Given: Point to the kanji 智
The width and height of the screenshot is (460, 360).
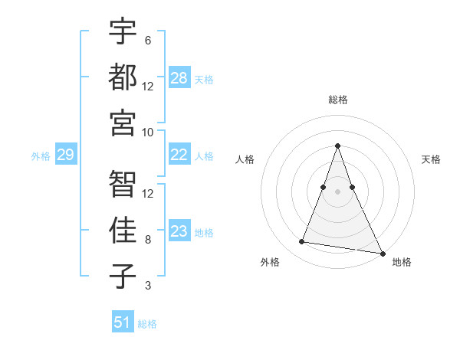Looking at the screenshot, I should tap(123, 185).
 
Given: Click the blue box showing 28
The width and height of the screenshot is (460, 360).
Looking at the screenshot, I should tap(179, 77).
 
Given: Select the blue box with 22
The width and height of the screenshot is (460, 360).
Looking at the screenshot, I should tap(179, 155).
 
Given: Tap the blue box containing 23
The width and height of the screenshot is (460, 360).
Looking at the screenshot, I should tap(179, 231).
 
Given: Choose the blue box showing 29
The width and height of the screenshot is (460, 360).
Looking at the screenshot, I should tap(65, 155).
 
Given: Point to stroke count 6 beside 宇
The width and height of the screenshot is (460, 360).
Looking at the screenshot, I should tap(147, 40).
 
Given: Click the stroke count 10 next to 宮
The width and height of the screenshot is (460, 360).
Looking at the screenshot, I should tap(148, 132).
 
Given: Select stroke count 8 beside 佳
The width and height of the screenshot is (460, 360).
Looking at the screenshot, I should tap(148, 239).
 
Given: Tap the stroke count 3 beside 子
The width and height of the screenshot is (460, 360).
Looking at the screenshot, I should tap(148, 286).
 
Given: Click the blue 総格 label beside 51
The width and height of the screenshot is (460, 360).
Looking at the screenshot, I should tap(147, 324).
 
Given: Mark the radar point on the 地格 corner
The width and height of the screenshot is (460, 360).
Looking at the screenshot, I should tap(382, 253).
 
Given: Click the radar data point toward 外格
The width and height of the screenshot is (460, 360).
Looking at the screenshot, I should tap(302, 242).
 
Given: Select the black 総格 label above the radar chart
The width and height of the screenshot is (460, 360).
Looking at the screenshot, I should tap(338, 100).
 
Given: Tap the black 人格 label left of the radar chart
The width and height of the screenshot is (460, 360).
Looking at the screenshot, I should tap(245, 159).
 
